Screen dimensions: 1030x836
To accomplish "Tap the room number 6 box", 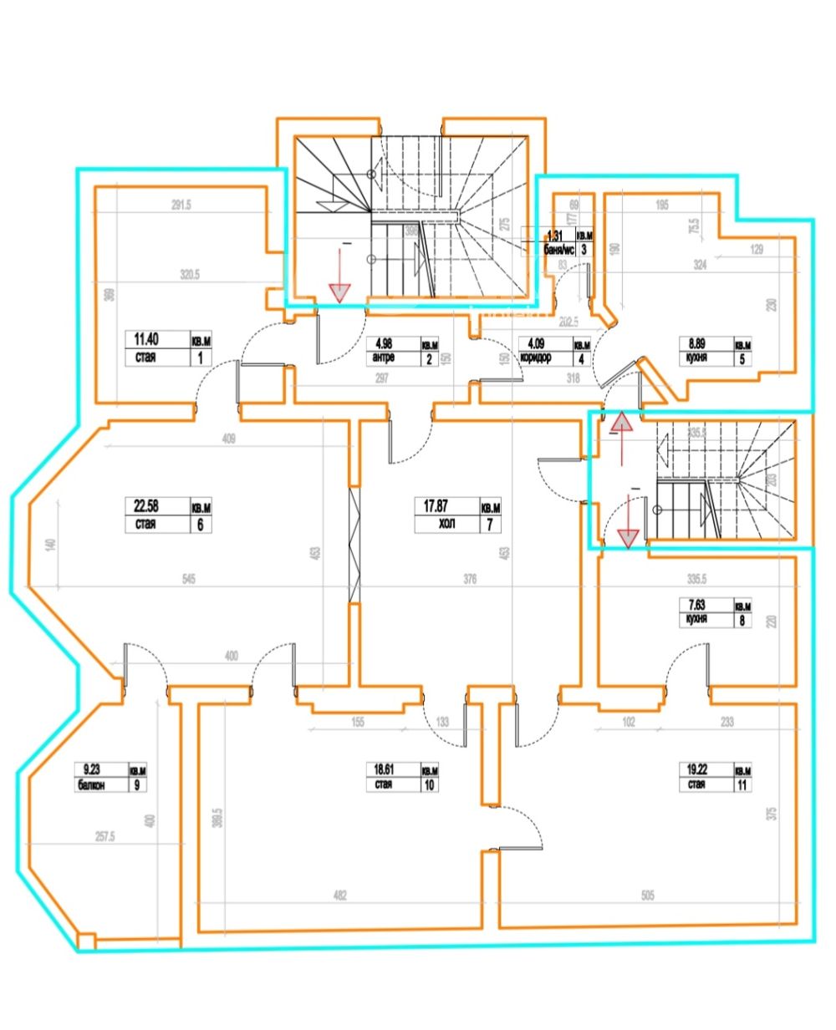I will click(x=201, y=525).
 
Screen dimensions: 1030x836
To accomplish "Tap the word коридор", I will click(x=535, y=358).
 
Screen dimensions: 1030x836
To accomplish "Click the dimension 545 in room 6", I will click(x=188, y=581).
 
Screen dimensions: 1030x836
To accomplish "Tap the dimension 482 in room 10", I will click(x=339, y=896).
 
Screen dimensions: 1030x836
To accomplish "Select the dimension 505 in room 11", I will click(x=648, y=896).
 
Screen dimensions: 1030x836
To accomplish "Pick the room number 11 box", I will click(x=742, y=785).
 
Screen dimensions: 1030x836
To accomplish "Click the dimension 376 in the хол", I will click(x=469, y=581).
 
